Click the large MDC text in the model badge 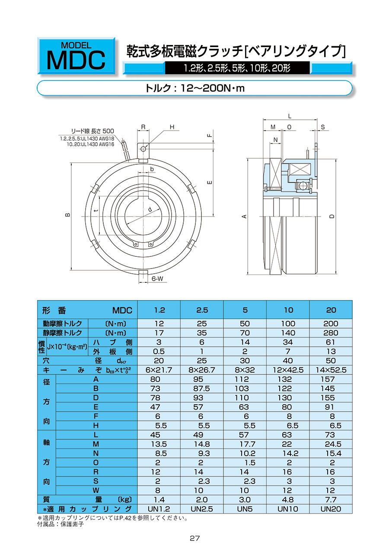click(x=76, y=60)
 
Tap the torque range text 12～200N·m click(x=194, y=88)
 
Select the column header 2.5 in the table click(x=202, y=310)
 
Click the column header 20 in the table click(x=331, y=310)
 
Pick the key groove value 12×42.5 click(x=288, y=370)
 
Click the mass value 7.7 click(x=331, y=500)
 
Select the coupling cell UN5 click(x=245, y=509)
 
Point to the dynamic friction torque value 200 click(x=331, y=324)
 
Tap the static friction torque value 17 click(x=159, y=333)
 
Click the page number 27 click(x=194, y=538)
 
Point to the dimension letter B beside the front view click(x=67, y=216)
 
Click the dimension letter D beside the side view click(x=332, y=217)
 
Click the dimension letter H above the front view click(x=172, y=127)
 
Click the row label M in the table click(x=96, y=444)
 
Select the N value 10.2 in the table click(x=245, y=454)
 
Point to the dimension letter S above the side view click(x=323, y=127)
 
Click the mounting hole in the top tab click(x=143, y=149)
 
